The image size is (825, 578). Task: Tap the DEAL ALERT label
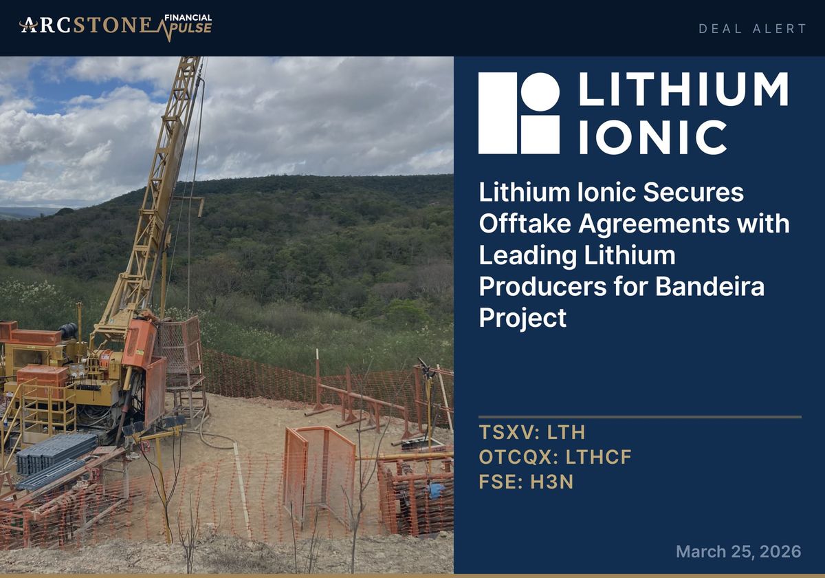752,28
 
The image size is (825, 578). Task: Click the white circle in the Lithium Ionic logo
540,92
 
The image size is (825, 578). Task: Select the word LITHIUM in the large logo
683,89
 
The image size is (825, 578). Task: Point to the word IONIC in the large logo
652,137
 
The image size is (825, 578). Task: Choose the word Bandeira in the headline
709,287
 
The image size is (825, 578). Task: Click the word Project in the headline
522,318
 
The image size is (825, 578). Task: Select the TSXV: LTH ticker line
531,433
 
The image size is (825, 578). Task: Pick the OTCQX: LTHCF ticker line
555,458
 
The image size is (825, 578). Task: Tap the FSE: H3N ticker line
526,482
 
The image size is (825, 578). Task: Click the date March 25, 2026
738,551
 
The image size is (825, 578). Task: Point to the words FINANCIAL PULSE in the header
188,24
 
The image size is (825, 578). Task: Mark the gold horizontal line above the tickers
639,416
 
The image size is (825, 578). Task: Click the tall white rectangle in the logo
497,113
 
